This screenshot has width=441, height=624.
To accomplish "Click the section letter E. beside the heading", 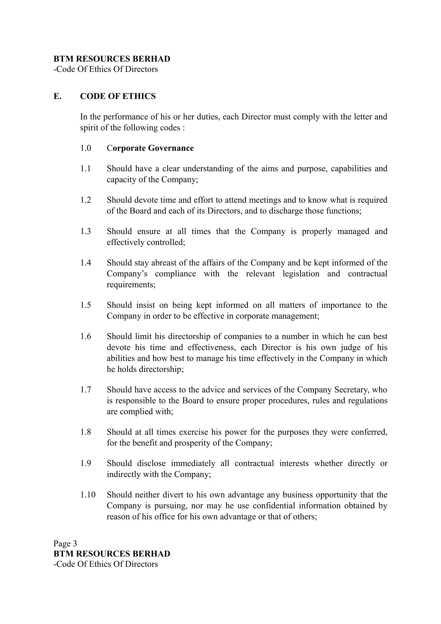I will click(x=57, y=96).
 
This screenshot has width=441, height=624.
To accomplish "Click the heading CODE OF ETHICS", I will click(x=118, y=96).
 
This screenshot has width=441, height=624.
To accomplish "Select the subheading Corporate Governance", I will click(x=150, y=148).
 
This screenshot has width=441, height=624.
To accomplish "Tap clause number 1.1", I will click(x=85, y=169).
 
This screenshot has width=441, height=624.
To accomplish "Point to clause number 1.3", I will click(x=85, y=231).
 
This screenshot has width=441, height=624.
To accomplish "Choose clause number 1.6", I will click(x=85, y=336).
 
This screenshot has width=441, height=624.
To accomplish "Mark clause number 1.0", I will click(x=85, y=148).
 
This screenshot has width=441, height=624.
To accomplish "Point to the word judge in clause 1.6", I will click(x=349, y=348).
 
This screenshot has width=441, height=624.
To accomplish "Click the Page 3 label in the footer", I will click(x=65, y=543).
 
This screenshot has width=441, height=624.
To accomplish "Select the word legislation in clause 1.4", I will click(x=301, y=274).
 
